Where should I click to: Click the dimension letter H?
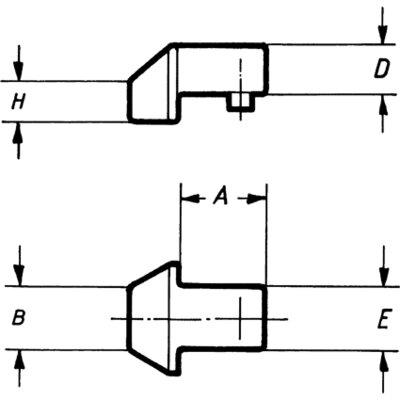pos(18,102)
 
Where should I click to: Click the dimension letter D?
pos(381,70)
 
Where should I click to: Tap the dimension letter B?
pos(19,317)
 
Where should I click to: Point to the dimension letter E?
pos(383,320)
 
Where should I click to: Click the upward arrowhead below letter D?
pos(383,104)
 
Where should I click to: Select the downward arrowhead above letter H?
pos(19,72)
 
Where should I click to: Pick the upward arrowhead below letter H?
pos(19,131)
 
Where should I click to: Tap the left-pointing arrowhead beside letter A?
pos(189,199)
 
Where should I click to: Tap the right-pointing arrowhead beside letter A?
pos(257,199)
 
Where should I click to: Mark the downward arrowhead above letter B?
pos(19,277)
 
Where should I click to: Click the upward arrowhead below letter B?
pos(19,359)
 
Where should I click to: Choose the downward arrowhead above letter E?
pos(384,277)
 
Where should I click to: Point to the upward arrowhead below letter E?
pos(384,360)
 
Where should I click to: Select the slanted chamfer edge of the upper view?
pos(151,63)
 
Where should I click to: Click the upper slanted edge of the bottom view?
pos(151,274)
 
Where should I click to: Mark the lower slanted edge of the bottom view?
pos(151,362)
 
